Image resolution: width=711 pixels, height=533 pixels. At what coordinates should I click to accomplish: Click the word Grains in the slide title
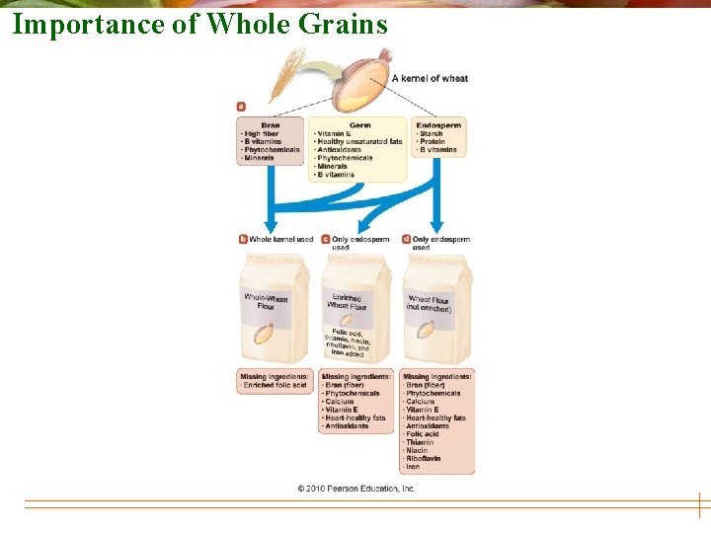347,25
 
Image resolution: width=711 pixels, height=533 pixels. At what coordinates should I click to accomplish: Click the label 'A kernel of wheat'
430,78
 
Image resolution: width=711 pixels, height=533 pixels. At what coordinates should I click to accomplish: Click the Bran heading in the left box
270,125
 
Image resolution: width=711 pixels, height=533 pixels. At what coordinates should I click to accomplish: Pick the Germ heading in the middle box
358,125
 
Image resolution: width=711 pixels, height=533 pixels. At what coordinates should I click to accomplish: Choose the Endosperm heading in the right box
437,125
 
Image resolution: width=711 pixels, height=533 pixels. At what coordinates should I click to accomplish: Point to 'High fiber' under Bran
262,134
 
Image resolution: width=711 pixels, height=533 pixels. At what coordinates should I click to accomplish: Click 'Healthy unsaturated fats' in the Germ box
358,142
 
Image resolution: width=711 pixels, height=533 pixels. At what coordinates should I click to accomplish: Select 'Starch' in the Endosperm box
431,134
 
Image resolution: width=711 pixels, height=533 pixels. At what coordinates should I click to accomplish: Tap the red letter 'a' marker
241,106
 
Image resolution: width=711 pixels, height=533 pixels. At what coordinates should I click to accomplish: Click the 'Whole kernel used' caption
281,239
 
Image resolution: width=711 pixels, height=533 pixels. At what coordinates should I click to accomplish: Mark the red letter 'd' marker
407,239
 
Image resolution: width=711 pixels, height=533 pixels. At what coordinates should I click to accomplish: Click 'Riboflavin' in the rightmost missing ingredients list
424,459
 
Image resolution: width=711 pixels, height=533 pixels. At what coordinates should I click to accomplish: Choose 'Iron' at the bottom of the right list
413,467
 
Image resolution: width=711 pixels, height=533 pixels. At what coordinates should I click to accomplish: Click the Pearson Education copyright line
356,489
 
